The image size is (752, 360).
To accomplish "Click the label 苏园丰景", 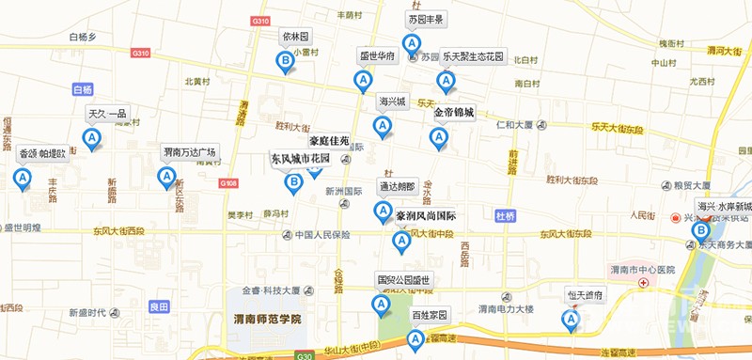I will click(x=426, y=19).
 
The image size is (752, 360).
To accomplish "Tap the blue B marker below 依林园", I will click(x=285, y=62).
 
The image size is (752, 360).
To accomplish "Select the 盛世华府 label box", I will click(x=378, y=56).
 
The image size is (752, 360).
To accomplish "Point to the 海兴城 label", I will click(x=392, y=101).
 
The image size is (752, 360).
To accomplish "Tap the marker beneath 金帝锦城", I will click(x=438, y=137).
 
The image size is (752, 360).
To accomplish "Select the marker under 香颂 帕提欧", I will click(x=21, y=178).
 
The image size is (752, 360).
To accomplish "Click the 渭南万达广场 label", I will click(x=189, y=151).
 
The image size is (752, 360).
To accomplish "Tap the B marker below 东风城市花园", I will click(x=294, y=181).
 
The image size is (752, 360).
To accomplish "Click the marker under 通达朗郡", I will click(x=383, y=211).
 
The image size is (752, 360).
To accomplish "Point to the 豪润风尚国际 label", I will click(x=425, y=215).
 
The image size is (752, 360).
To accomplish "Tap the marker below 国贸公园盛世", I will click(x=381, y=305).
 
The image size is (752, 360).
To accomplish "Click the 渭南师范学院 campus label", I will click(x=267, y=320).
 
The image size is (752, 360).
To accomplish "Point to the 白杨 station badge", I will click(x=84, y=90).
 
